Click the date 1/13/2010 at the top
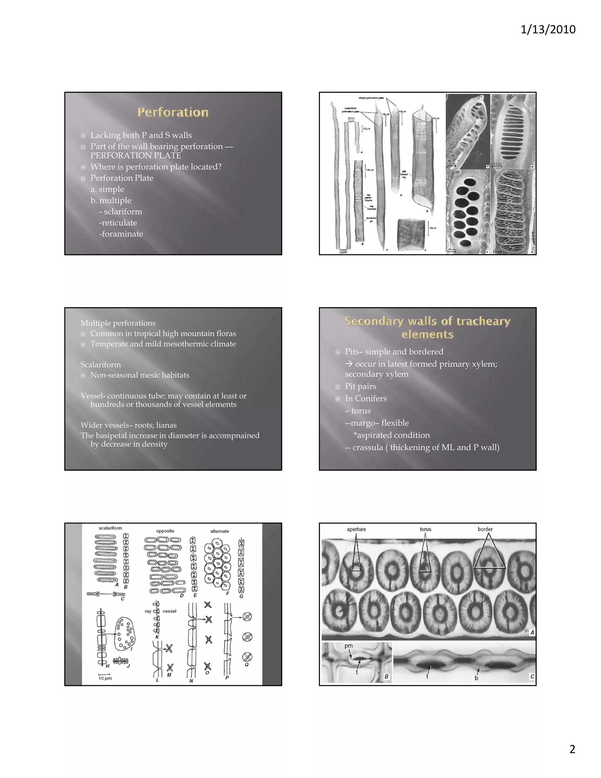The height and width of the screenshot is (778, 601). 548,29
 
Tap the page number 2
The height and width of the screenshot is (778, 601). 572,749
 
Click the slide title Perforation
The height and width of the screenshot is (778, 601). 173,112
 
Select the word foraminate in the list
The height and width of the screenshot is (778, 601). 122,234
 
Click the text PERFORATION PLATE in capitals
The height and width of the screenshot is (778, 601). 136,156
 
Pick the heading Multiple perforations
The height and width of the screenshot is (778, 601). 118,323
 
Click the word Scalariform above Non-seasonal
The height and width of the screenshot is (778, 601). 100,365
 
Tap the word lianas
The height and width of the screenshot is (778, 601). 166,425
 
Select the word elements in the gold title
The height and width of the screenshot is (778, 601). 427,334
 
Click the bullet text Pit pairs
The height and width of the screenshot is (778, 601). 360,387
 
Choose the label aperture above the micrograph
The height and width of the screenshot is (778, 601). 356,529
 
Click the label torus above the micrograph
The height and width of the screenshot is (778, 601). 425,529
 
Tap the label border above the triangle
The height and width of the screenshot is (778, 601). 485,529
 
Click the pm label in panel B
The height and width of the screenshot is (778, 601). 348,646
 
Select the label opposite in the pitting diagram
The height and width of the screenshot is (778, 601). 165,531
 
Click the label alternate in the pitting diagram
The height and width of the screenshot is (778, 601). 219,531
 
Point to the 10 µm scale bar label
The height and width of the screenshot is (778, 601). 105,678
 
